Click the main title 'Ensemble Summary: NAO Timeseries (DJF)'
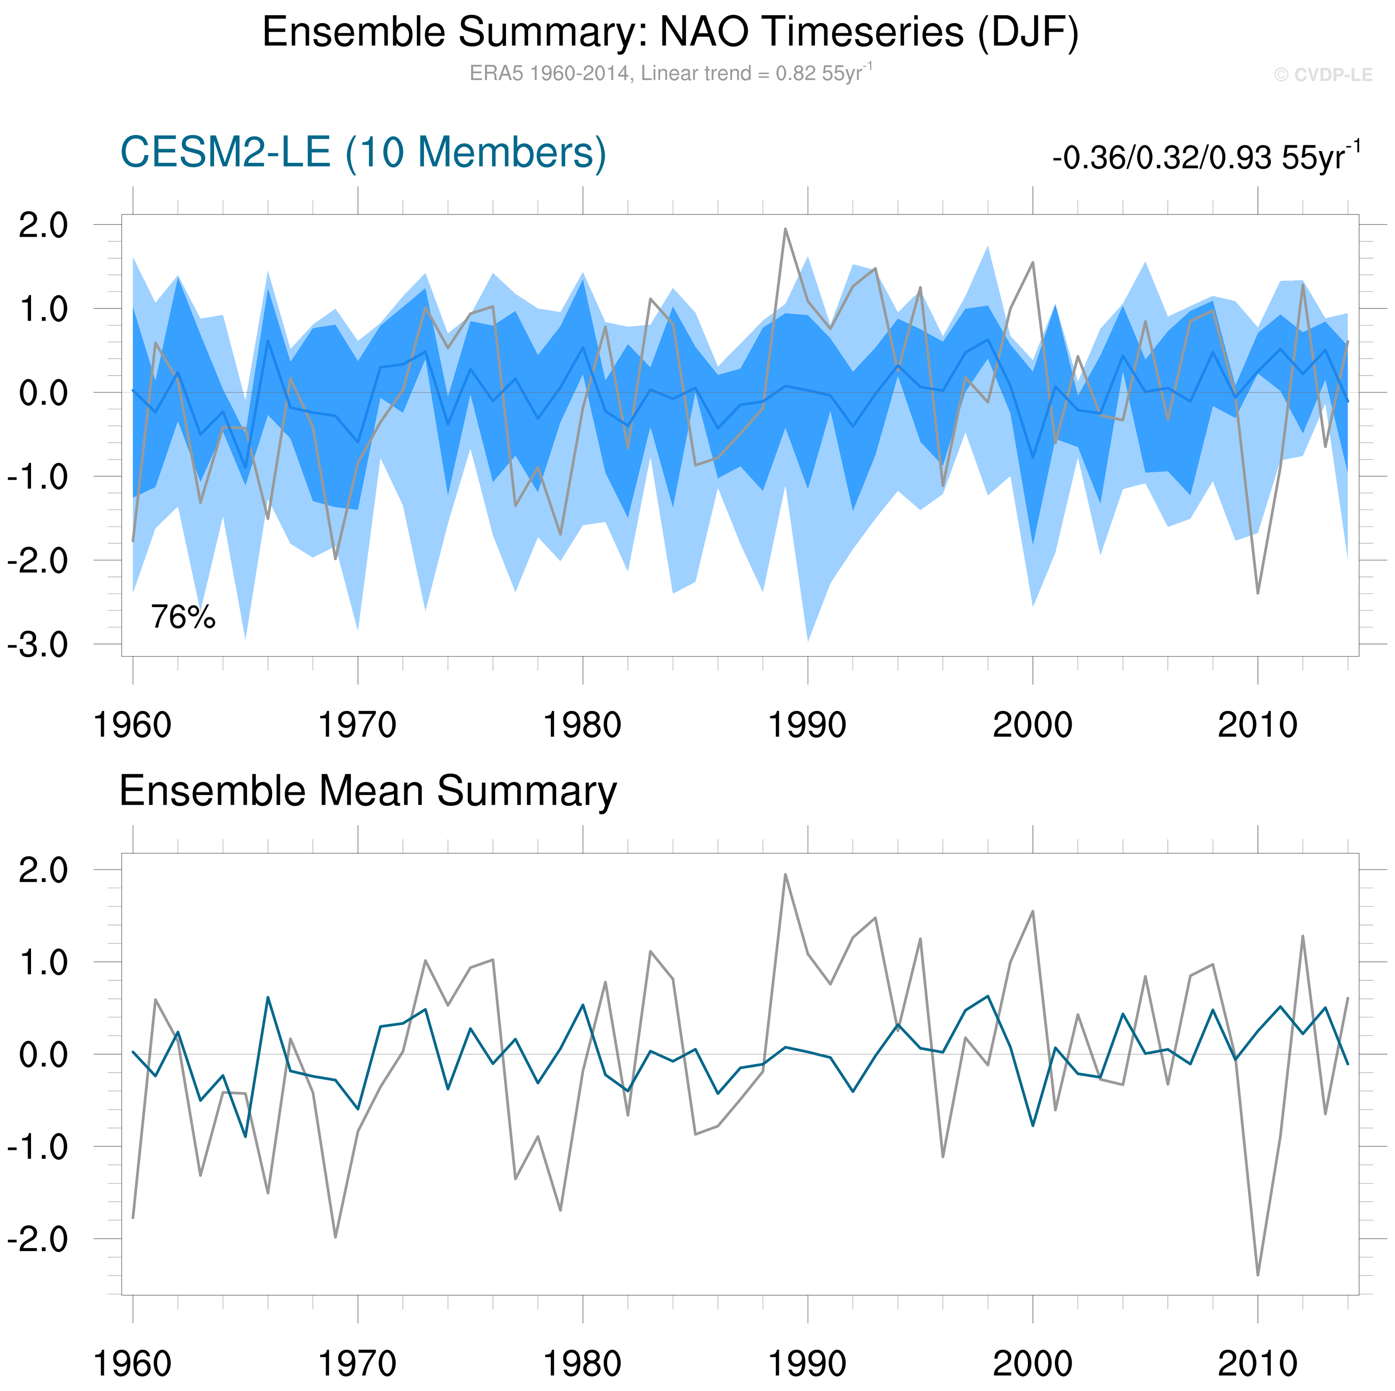coord(670,32)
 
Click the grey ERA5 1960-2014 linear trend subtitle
coord(670,73)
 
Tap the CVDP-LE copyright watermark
coord(1323,75)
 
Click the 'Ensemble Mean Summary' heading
coord(367,791)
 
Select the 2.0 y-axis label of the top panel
coord(43,225)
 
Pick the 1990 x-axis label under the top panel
coord(807,725)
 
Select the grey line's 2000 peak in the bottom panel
coord(1033,912)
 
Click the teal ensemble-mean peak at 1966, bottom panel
coord(268,997)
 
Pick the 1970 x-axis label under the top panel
coord(358,725)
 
